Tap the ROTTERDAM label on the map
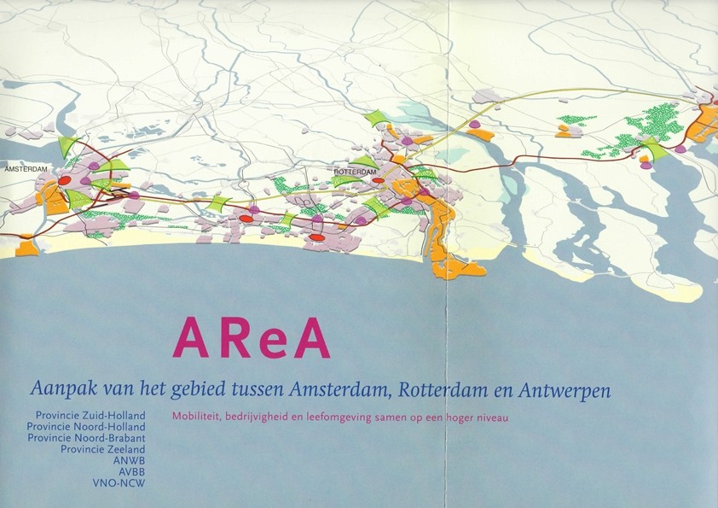click(356, 172)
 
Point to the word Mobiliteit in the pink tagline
click(194, 417)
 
